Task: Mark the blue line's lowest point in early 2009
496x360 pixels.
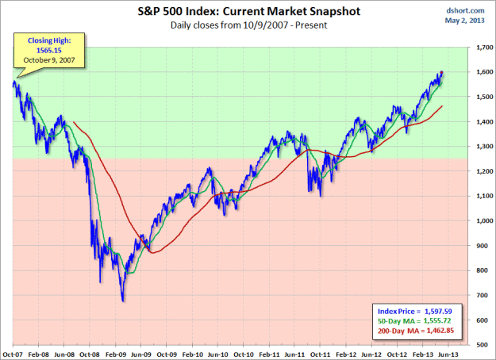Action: [x=123, y=301]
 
